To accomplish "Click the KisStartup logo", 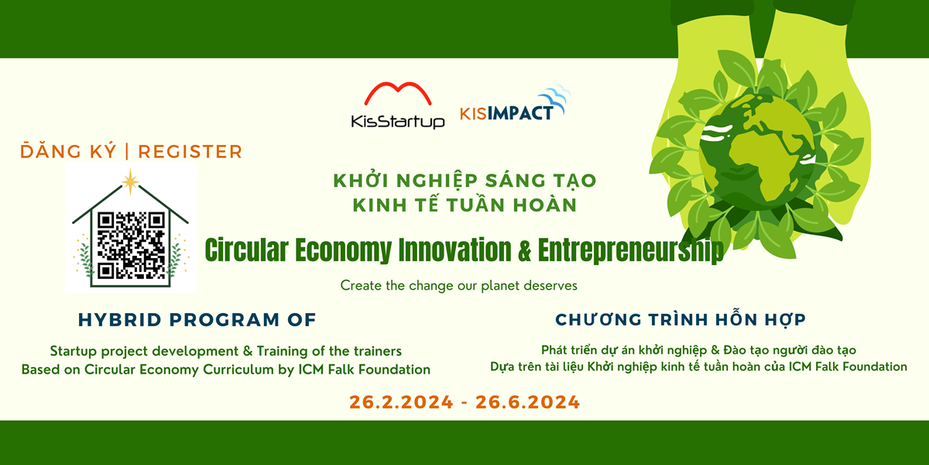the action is coord(398,105).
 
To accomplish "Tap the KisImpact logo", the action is coord(515,103).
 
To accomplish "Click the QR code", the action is coord(131,246).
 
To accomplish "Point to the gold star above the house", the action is coord(130,181).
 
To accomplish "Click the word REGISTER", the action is coord(190,152).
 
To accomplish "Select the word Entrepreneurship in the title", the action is coord(631,250).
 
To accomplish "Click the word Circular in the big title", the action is coord(246,250).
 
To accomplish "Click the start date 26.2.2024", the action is coord(401,402).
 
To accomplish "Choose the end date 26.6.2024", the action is coord(527,402).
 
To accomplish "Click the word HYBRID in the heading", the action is coord(120,319).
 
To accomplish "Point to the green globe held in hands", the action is coord(758,152).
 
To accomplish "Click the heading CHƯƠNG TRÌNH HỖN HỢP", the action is coord(680,319).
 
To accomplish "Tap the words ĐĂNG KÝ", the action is coord(68,151).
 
